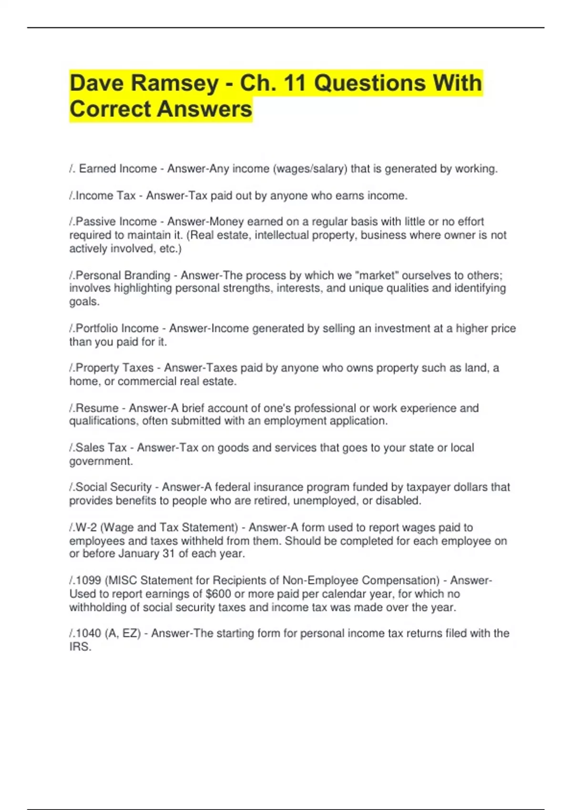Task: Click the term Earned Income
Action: pyautogui.click(x=118, y=169)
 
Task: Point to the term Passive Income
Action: pyautogui.click(x=116, y=222)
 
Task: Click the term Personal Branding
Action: pyautogui.click(x=123, y=275)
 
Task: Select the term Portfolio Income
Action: pyautogui.click(x=117, y=328)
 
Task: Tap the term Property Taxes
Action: pyautogui.click(x=114, y=368)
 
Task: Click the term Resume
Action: pyautogui.click(x=97, y=408)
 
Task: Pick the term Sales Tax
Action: pyautogui.click(x=101, y=448)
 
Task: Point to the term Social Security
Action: pyautogui.click(x=113, y=487)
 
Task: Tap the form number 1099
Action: pyautogui.click(x=88, y=580)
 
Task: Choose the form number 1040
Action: pyautogui.click(x=88, y=633)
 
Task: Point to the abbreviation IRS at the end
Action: pyautogui.click(x=80, y=647)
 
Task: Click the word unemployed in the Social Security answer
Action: pyautogui.click(x=327, y=500)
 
